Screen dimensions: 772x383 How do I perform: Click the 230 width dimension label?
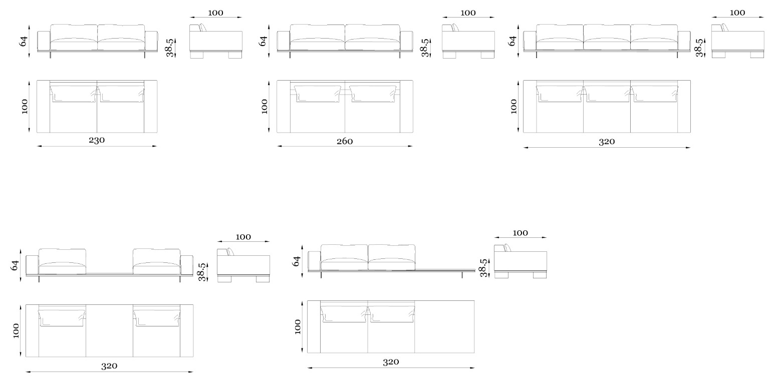[x=97, y=140]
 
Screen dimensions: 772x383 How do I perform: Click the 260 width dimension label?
[x=345, y=141]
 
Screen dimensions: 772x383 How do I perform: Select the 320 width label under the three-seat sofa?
[x=607, y=142]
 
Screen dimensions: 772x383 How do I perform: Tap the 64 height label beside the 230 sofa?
[x=24, y=41]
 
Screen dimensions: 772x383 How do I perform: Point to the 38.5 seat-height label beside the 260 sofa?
[x=425, y=48]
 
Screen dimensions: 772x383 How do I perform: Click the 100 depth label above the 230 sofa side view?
[x=215, y=13]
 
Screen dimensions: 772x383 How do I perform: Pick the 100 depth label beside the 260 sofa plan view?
[x=265, y=107]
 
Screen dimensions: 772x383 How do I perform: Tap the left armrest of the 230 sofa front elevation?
[x=44, y=41]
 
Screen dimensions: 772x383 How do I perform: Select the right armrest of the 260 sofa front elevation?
[x=406, y=41]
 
